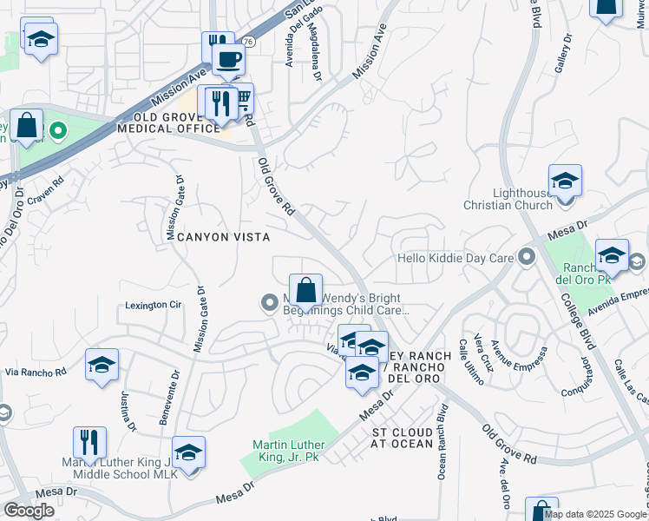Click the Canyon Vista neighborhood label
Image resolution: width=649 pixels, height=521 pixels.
(225, 236)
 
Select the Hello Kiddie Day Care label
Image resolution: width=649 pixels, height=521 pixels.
(456, 258)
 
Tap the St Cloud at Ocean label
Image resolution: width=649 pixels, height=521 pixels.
(403, 438)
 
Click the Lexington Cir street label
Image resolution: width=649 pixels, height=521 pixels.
(154, 305)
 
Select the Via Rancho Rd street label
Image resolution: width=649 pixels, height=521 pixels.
(36, 372)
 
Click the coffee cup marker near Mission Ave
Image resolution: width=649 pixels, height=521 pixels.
(228, 59)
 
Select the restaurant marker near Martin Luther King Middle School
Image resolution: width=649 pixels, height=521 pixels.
(89, 443)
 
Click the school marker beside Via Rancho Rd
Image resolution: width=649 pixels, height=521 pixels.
(102, 365)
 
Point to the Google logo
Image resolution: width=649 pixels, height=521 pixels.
(29, 511)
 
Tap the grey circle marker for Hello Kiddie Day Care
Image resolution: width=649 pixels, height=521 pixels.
(526, 257)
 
